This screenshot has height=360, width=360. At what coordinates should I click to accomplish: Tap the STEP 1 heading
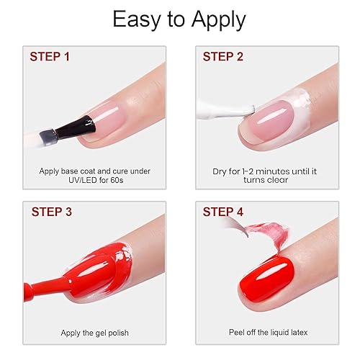(54, 55)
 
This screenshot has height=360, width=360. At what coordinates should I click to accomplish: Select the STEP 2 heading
(228, 55)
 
